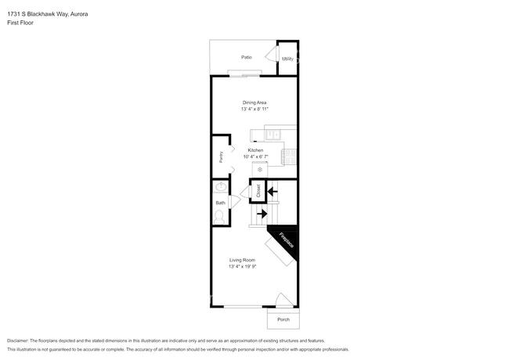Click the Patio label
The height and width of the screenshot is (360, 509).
click(247, 57)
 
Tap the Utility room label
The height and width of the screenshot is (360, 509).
click(287, 59)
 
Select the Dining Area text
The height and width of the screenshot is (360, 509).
click(254, 103)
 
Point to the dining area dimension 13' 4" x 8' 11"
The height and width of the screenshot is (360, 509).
click(254, 110)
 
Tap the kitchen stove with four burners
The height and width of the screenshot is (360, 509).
click(289, 156)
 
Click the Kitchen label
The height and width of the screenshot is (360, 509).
click(255, 149)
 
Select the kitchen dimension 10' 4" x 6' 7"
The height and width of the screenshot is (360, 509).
click(255, 157)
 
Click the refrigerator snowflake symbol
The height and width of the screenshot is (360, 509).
click(260, 169)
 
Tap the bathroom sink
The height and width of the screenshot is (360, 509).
click(221, 188)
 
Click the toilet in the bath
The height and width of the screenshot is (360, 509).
click(221, 214)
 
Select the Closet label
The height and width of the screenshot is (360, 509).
click(258, 189)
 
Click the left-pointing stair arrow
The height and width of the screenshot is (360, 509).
click(272, 189)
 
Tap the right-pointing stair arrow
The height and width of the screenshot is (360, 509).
click(262, 213)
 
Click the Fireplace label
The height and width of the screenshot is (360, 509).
click(286, 240)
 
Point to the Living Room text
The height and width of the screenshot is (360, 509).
click(242, 260)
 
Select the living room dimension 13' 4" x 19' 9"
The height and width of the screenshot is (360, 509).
click(242, 267)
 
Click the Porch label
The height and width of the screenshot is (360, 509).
click(283, 319)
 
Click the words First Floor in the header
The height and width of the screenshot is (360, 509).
click(20, 23)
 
